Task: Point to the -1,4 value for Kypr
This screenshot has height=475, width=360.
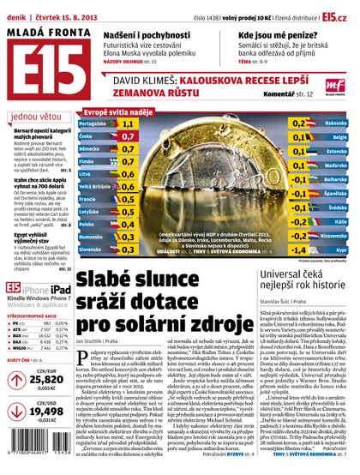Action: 297,250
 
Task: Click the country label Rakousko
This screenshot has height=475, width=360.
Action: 336,123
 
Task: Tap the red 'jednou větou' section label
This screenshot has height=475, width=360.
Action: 34,115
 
